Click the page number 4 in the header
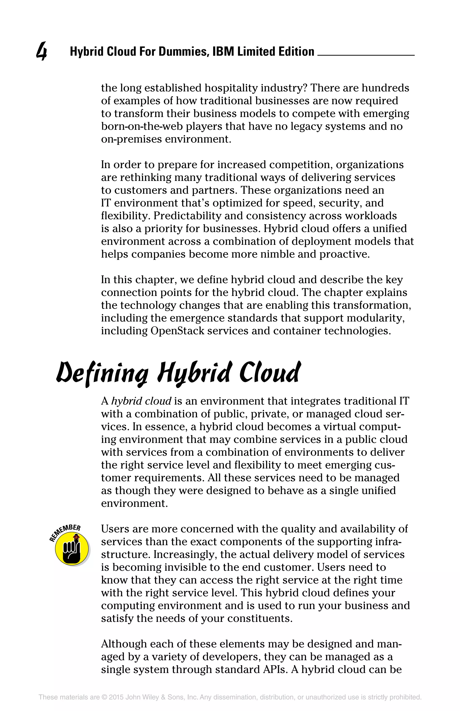(42, 52)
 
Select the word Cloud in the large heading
(269, 373)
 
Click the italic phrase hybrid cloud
(141, 401)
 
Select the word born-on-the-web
(142, 126)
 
